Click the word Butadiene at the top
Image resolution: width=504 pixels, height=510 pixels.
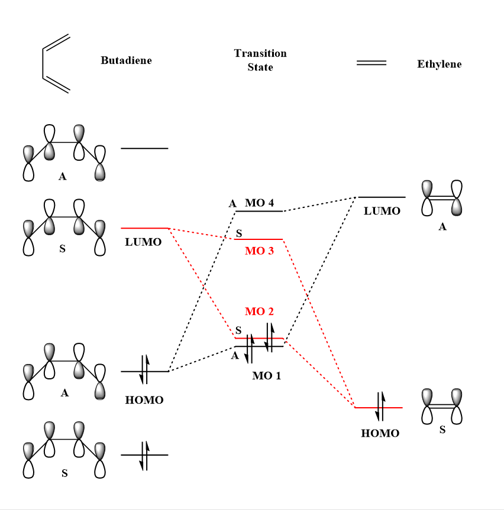point(126,60)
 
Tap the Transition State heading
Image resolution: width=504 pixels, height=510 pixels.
point(260,60)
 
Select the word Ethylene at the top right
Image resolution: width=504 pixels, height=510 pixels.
point(439,64)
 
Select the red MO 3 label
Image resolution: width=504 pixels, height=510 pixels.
point(259,251)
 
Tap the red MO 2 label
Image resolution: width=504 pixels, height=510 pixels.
point(259,311)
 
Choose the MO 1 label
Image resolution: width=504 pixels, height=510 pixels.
point(266,375)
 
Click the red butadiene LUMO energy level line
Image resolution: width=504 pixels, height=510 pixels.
point(145,228)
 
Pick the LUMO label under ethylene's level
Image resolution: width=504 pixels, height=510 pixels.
point(382,211)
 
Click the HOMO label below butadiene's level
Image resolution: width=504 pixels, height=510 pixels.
point(144,400)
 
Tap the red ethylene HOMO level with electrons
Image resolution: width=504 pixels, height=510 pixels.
point(379,407)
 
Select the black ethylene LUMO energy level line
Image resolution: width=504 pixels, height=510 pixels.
point(382,197)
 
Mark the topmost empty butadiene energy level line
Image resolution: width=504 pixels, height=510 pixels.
point(144,148)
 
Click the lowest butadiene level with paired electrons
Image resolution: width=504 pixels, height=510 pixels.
point(144,455)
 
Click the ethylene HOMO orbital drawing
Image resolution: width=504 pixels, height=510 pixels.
point(441,406)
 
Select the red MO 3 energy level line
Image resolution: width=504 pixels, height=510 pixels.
point(259,239)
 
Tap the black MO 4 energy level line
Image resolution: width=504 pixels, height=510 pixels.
point(259,211)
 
